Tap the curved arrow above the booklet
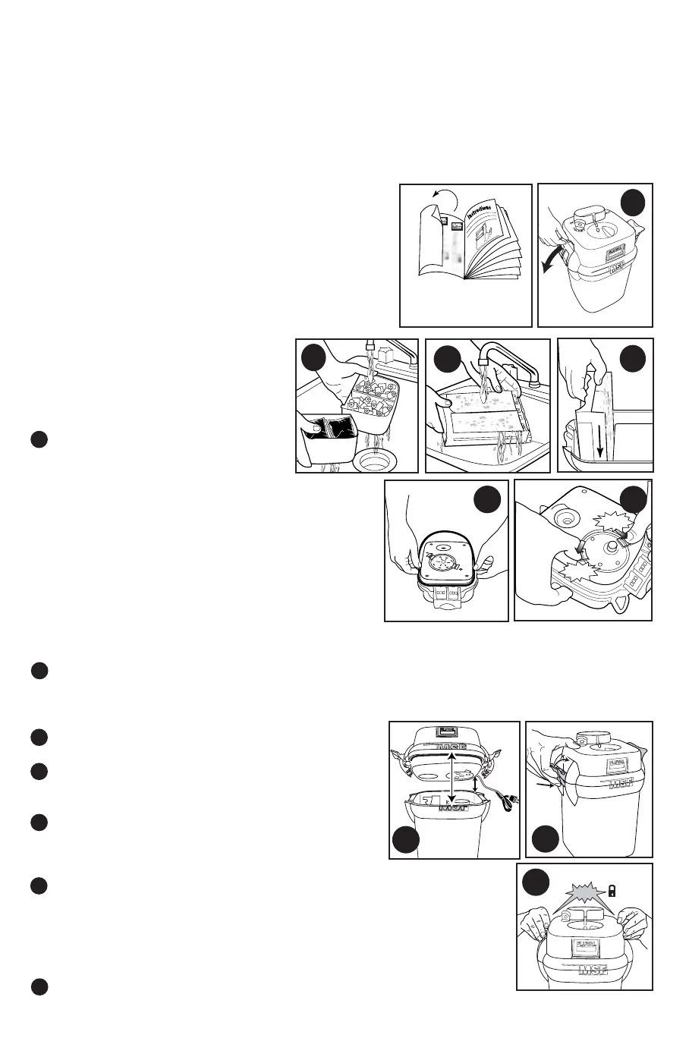click(447, 200)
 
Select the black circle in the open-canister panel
click(407, 840)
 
